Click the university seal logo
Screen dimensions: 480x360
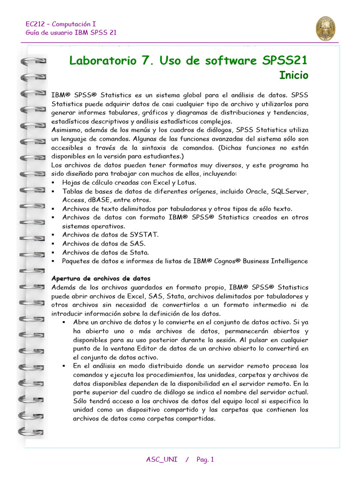click(325, 28)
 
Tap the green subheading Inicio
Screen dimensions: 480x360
click(294, 75)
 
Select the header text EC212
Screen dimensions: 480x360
click(35, 24)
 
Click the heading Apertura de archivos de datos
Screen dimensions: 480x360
click(101, 278)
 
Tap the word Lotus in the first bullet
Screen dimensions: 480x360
click(186, 182)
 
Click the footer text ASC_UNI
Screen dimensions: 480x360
click(162, 459)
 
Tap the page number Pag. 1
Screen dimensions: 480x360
click(205, 459)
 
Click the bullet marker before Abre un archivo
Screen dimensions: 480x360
click(64, 322)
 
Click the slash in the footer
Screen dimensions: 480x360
click(187, 459)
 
